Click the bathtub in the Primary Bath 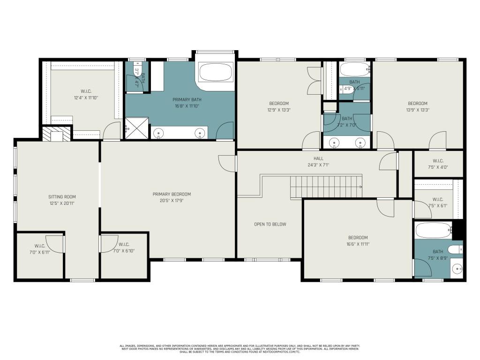[x=215, y=72]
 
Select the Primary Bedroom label [x=172, y=194]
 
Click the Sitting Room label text [x=62, y=197]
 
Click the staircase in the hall [x=326, y=187]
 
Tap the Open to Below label [x=270, y=224]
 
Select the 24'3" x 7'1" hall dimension [x=318, y=165]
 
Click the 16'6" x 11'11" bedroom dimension [x=358, y=244]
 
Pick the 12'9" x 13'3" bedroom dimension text [x=278, y=110]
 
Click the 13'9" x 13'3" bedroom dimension [x=417, y=110]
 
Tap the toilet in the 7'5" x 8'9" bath [x=454, y=249]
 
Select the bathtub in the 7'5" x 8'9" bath [x=434, y=231]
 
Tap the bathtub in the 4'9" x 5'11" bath [x=355, y=70]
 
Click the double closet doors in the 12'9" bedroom [x=313, y=80]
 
